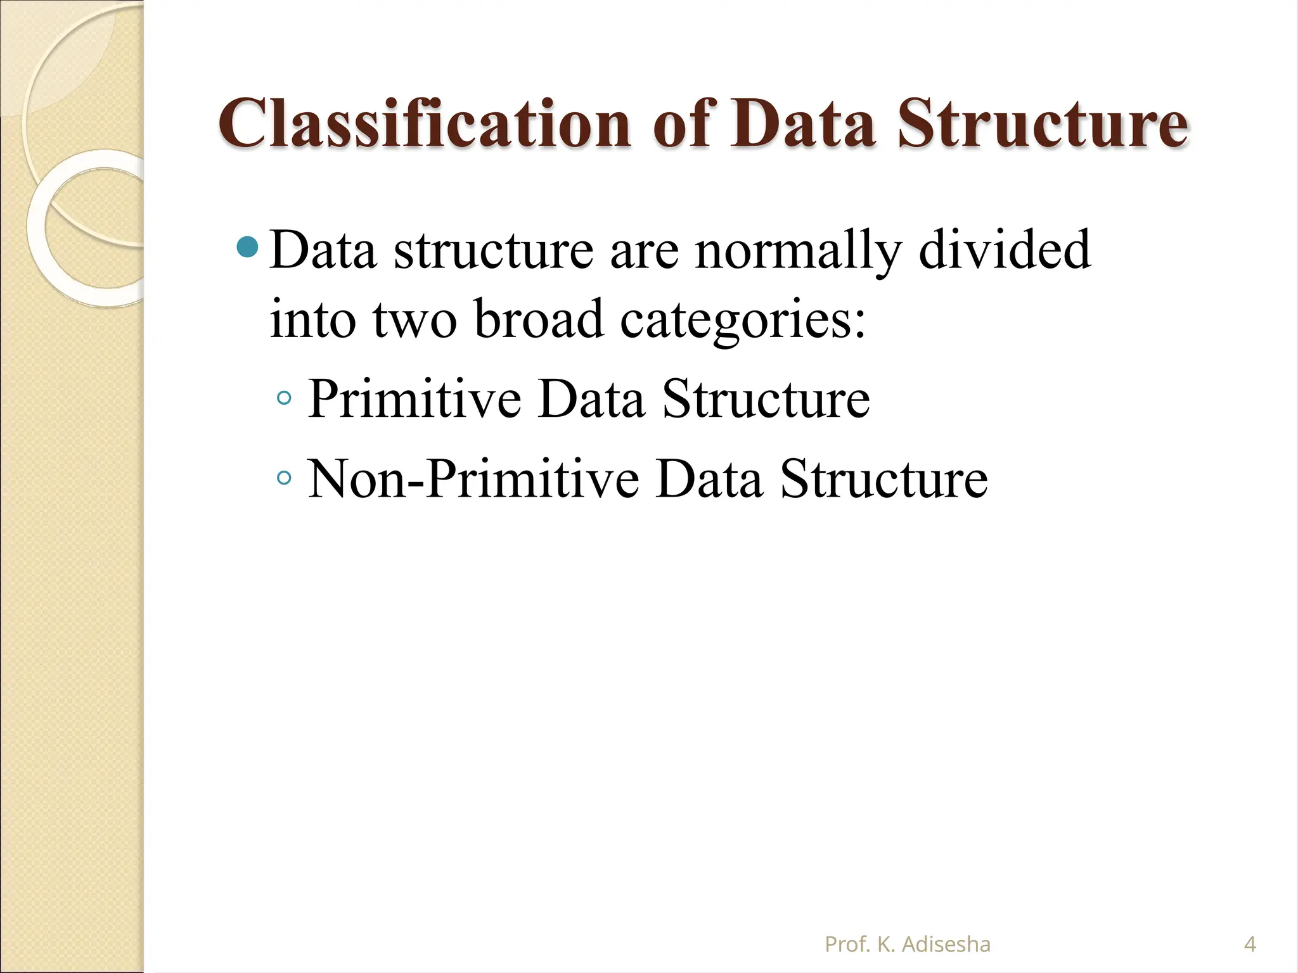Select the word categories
(x=742, y=320)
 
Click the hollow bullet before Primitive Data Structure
(x=285, y=398)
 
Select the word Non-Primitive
(x=473, y=480)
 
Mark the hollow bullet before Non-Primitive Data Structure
(x=285, y=478)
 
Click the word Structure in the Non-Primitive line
(x=884, y=480)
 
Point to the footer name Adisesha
(x=946, y=944)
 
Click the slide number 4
(x=1250, y=944)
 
